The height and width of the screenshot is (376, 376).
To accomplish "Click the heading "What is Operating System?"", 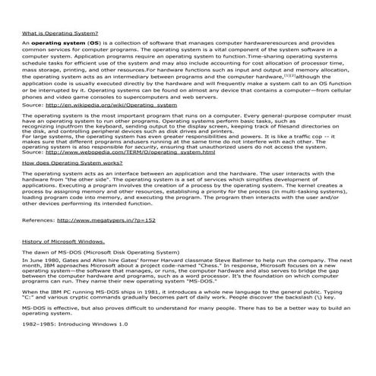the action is point(59,34).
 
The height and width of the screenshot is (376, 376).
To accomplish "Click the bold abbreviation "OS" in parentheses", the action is point(93,44).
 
